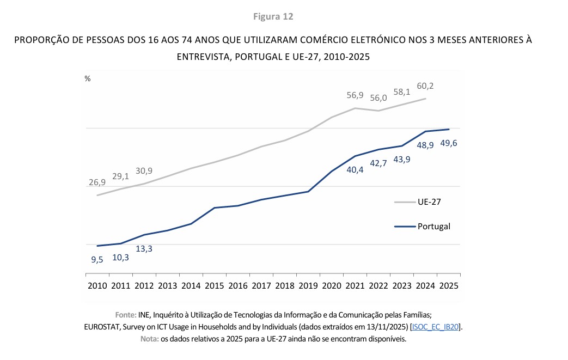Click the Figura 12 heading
coord(273,16)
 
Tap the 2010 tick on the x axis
coord(97,285)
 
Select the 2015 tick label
coord(214,285)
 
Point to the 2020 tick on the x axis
coord(332,285)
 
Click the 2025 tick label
coord(449,285)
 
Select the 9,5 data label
coord(97,259)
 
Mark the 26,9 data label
coord(97,182)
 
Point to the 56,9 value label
coord(356,95)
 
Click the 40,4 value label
coord(356,169)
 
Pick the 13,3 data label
coord(144,248)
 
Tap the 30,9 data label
coord(144,170)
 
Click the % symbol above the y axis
coord(87,78)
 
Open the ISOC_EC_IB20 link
coord(436,327)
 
